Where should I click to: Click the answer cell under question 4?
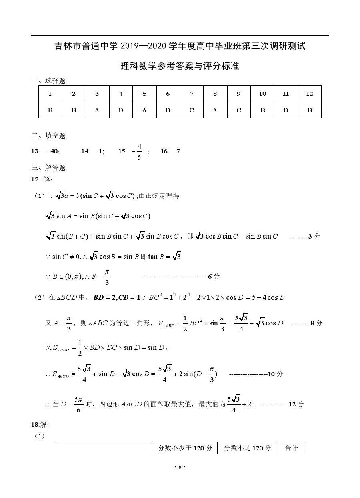pyautogui.click(x=121, y=110)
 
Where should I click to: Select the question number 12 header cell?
pyautogui.click(x=309, y=94)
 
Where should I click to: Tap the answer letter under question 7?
pyautogui.click(x=192, y=110)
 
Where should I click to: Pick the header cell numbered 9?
pyautogui.click(x=239, y=94)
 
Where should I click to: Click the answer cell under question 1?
pyautogui.click(x=50, y=110)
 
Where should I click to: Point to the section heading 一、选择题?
pyautogui.click(x=48, y=80)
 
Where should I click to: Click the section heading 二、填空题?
pyautogui.click(x=48, y=135)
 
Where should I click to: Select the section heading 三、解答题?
pyautogui.click(x=48, y=167)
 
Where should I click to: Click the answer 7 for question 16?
pyautogui.click(x=178, y=151)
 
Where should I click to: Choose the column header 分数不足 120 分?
pyautogui.click(x=247, y=448)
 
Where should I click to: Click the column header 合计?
pyautogui.click(x=291, y=448)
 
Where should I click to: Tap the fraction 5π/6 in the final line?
pyautogui.click(x=78, y=404)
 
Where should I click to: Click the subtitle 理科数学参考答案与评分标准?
pyautogui.click(x=180, y=66)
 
